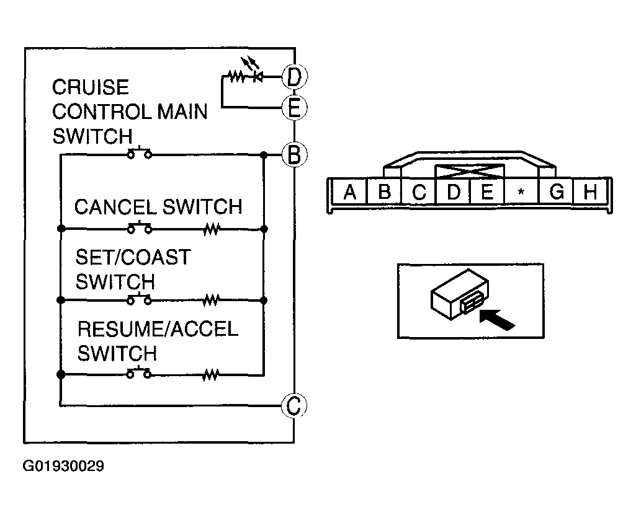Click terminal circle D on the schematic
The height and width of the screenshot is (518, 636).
[295, 76]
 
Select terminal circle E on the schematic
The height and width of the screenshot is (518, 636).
[295, 107]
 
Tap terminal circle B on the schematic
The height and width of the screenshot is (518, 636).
[295, 154]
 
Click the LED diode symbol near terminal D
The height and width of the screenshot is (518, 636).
[256, 76]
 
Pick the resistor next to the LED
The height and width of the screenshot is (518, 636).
[236, 76]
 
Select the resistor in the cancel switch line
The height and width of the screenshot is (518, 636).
[212, 229]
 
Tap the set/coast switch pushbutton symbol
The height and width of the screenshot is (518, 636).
[140, 299]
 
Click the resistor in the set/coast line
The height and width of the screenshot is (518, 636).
[212, 301]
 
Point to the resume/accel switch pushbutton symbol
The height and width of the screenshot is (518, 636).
[139, 373]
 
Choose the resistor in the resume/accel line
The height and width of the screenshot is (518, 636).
[210, 375]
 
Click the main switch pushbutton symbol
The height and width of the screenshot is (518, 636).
[140, 152]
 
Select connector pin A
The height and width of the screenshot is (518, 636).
[349, 191]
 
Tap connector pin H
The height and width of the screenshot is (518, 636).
[590, 191]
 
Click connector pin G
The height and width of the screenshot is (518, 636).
[556, 191]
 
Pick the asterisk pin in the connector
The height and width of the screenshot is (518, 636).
[521, 191]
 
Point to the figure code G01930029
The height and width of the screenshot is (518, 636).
[64, 466]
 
